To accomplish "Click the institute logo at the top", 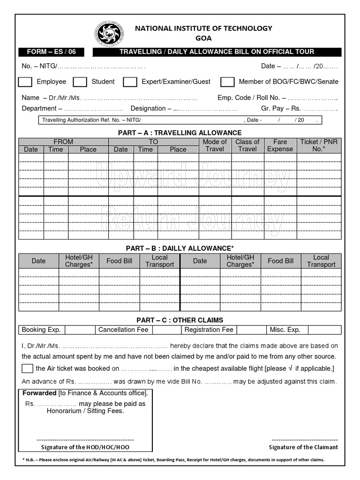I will click(x=108, y=33).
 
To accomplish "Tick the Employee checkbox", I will click(x=25, y=82).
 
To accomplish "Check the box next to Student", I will click(x=80, y=82).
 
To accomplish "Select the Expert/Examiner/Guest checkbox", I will click(x=130, y=82).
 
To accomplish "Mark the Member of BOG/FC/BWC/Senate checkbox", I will click(x=227, y=82).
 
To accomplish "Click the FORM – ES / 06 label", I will click(x=49, y=52).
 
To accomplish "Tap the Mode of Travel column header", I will click(x=214, y=145).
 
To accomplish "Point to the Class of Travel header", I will click(x=247, y=145).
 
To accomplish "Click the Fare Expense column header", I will click(x=280, y=145).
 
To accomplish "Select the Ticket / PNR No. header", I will click(x=319, y=145).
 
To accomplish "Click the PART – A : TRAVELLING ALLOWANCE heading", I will click(x=180, y=133).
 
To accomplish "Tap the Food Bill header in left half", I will click(x=120, y=261).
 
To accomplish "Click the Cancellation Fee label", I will click(x=123, y=330).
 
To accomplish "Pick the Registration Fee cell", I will click(x=209, y=330).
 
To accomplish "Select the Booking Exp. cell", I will click(x=41, y=330).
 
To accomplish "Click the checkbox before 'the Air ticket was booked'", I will click(x=27, y=368).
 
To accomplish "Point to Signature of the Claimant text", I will click(x=303, y=447).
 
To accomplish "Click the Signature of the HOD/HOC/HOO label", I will click(x=85, y=447).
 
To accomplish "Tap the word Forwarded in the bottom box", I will click(x=39, y=393).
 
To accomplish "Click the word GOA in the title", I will click(x=203, y=38).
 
